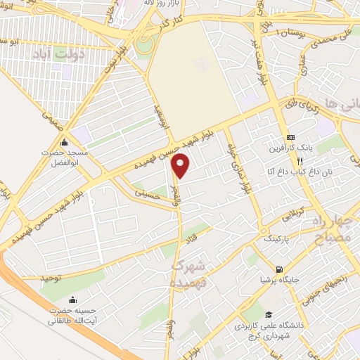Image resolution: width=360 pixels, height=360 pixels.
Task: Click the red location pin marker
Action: (181, 165)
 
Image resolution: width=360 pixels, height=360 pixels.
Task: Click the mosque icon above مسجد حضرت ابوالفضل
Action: (64, 143)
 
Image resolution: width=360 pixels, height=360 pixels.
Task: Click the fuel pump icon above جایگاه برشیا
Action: (281, 269)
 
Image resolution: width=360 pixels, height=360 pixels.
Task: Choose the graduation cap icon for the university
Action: (267, 314)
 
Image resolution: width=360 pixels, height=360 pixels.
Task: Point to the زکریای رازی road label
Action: (302, 107)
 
